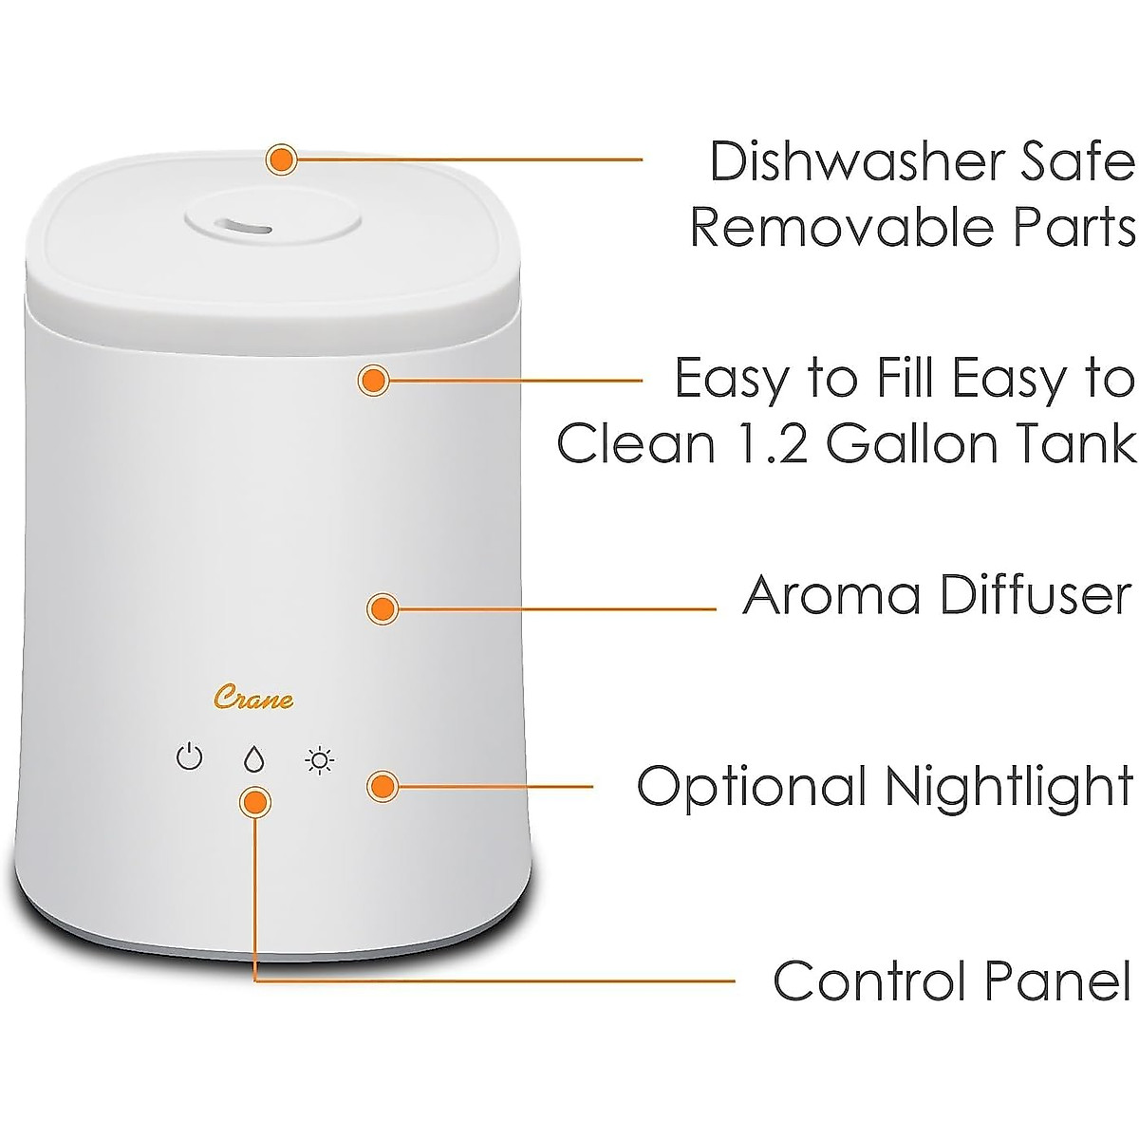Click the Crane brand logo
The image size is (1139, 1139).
coord(252,700)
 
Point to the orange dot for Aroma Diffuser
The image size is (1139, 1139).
coord(382,608)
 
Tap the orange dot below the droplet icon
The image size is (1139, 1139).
coord(254,803)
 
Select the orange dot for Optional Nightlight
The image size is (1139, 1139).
coord(382,785)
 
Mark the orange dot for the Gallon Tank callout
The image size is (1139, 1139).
coord(373,381)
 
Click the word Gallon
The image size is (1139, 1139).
coord(916,443)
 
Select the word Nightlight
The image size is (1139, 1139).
coord(1009,787)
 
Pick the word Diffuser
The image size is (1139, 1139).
coord(1036,595)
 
